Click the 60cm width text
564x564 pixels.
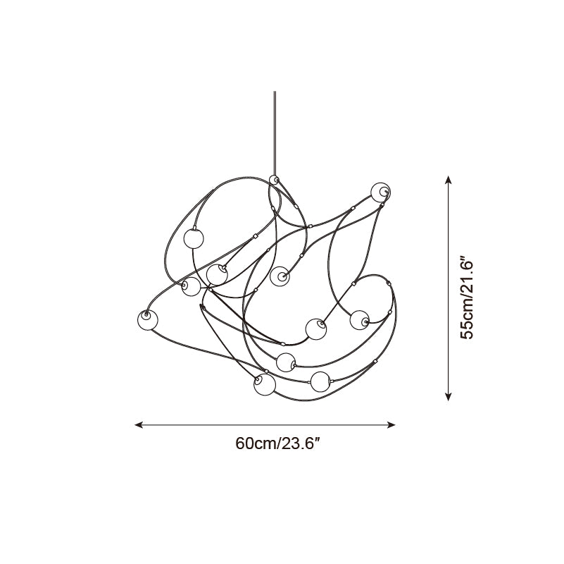[256, 443]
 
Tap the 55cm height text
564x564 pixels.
[468, 321]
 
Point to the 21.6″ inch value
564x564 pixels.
[468, 276]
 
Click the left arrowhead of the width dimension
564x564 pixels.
[139, 425]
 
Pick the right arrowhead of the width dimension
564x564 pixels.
[391, 425]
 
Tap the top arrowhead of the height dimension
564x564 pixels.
[448, 180]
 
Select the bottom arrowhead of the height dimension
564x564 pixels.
[448, 396]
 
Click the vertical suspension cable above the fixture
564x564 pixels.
[275, 133]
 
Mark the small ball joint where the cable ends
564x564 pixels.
[274, 180]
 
